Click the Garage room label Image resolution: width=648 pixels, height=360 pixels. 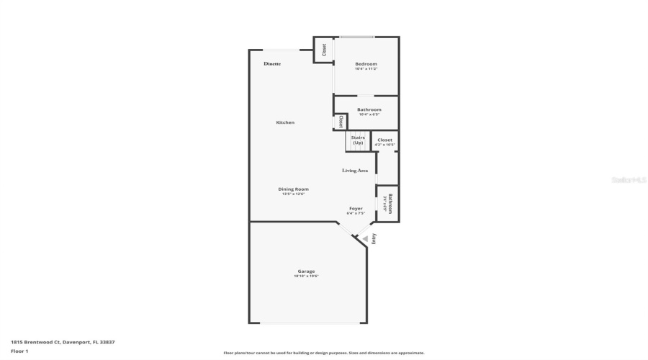click(306, 271)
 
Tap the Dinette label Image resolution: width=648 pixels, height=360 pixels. click(272, 64)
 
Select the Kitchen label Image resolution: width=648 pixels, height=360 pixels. click(285, 122)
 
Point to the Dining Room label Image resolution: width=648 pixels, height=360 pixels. click(293, 189)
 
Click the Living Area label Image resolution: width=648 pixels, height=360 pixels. click(355, 171)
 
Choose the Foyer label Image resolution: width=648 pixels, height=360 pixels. click(356, 209)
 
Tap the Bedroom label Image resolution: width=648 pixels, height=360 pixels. click(366, 64)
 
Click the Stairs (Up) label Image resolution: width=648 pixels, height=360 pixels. click(358, 140)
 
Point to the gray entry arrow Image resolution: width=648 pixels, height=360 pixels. click(365, 238)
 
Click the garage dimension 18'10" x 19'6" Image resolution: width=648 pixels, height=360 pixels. click(306, 276)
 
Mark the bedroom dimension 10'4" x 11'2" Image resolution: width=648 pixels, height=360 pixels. click(366, 69)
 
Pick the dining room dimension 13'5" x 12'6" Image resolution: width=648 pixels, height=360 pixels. click(293, 194)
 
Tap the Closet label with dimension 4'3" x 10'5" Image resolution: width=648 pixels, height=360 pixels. click(385, 140)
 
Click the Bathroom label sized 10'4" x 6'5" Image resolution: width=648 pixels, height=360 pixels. click(369, 109)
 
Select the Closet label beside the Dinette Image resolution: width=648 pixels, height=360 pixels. click(324, 50)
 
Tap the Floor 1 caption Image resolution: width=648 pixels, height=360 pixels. click(19, 351)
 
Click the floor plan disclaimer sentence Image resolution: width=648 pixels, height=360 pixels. click(324, 353)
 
